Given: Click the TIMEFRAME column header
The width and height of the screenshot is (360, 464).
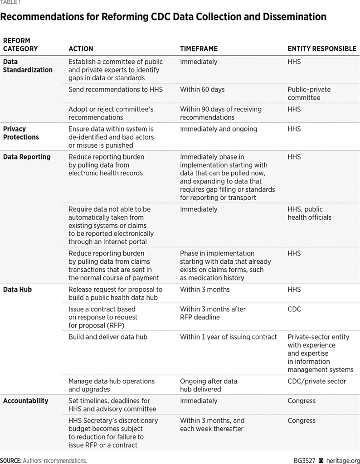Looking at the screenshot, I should tap(199, 48).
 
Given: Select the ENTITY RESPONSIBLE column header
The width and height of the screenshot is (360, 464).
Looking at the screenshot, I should tap(322, 48).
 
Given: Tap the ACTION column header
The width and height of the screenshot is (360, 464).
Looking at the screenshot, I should tap(81, 48).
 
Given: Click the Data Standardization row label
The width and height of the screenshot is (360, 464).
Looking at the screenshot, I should tap(28, 66).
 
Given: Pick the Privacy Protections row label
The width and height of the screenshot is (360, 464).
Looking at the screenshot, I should tap(21, 133).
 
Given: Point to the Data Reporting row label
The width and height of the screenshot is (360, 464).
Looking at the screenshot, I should tap(27, 157).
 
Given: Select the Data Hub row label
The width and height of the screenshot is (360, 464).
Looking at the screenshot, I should tap(17, 289).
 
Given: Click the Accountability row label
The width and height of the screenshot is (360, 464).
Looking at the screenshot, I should tap(25, 401).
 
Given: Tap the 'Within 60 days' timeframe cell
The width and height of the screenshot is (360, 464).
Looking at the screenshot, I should tap(202, 89).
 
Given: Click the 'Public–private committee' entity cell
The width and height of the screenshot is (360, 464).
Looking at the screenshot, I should tap(309, 93).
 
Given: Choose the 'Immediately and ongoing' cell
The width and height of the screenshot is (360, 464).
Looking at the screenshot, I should tap(219, 129).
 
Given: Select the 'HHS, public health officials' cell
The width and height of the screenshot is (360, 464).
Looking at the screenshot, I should tap(309, 213).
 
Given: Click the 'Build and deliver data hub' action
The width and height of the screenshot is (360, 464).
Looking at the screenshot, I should tap(108, 337).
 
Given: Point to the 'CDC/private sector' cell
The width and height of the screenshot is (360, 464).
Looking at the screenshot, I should tap(316, 381).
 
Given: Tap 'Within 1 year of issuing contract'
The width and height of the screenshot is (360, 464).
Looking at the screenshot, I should tap(228, 337).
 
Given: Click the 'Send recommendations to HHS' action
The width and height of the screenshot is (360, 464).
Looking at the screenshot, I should tap(115, 89).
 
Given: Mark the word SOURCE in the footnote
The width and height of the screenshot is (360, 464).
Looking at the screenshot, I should tap(11, 460).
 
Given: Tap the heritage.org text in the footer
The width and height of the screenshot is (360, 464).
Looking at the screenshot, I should tap(342, 460).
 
